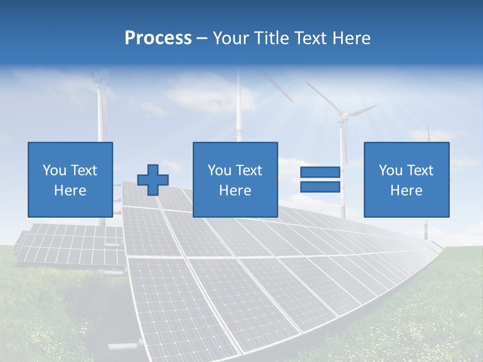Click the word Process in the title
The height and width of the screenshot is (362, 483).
pos(158,38)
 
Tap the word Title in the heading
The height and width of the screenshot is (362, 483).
pos(271,38)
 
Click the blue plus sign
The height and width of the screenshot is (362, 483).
pos(153,179)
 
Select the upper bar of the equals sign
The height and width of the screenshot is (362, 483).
pos(320,172)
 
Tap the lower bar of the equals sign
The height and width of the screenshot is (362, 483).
pos(320,187)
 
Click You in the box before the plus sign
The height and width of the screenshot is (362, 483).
pos(54,170)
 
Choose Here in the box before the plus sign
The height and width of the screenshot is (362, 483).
pos(70,191)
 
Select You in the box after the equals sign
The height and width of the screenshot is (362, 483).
pos(390,170)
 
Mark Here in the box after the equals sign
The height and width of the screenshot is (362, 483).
pos(406,191)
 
